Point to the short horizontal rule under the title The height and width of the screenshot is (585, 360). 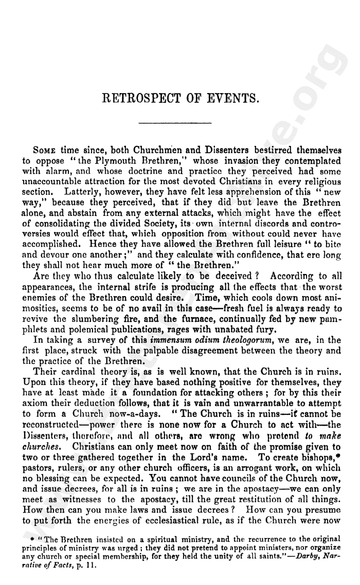point(175,123)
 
